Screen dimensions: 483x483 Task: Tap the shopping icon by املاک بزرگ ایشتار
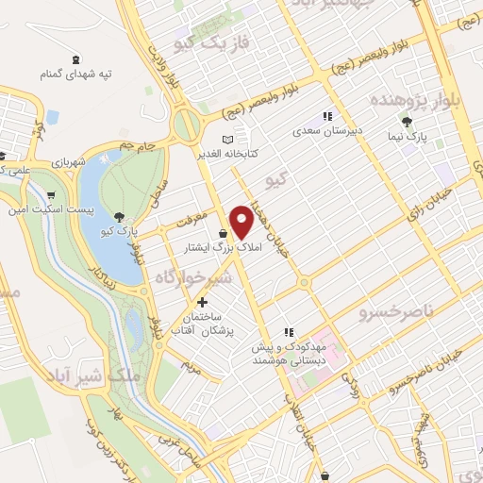(x=223, y=234)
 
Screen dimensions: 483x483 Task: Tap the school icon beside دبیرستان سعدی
(x=326, y=116)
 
